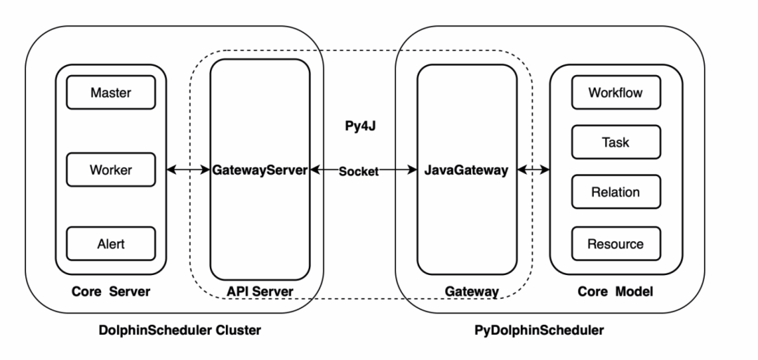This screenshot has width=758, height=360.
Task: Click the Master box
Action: click(x=110, y=93)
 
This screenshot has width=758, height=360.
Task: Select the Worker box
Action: click(x=110, y=169)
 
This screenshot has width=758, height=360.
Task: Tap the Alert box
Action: click(x=110, y=244)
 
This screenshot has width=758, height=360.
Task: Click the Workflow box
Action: click(x=615, y=93)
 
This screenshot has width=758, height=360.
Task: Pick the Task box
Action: click(x=615, y=142)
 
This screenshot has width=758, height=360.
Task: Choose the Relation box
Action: click(x=615, y=192)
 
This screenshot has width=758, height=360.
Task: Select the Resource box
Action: click(x=615, y=244)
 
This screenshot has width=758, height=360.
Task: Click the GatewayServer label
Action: click(x=260, y=170)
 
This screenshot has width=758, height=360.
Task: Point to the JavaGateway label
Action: click(x=466, y=170)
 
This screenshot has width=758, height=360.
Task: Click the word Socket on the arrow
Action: click(x=359, y=171)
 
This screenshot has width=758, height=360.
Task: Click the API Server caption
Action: click(x=260, y=291)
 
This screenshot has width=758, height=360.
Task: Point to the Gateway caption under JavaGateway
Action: click(x=472, y=291)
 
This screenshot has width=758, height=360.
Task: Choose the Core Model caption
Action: click(x=615, y=291)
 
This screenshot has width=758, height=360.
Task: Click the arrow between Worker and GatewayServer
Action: click(x=189, y=170)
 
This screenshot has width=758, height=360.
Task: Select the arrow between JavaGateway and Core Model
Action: click(x=533, y=170)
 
